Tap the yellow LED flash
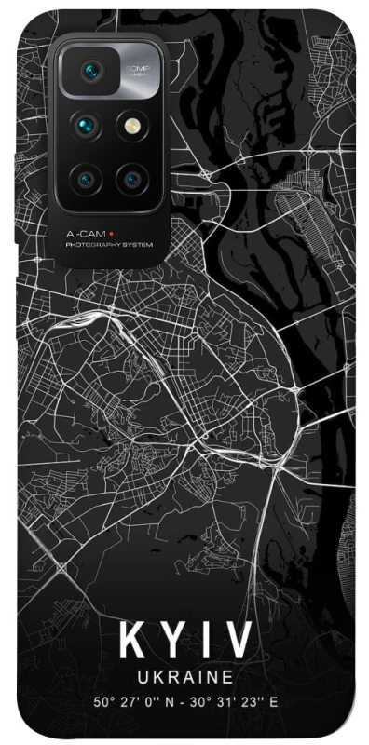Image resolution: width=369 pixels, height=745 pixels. click(x=128, y=123)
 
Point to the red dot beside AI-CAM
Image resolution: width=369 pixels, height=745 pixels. click(x=112, y=233)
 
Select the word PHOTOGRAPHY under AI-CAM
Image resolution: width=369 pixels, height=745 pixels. click(x=91, y=245)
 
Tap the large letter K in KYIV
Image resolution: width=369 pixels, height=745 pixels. click(x=132, y=642)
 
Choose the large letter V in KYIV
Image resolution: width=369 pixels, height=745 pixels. click(x=237, y=642)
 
